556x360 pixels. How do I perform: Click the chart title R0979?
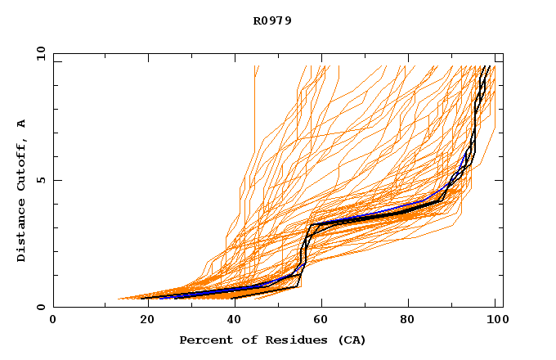(x=272, y=20)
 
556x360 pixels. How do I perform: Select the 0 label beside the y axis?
(x=41, y=307)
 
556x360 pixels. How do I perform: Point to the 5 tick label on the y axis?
(x=41, y=180)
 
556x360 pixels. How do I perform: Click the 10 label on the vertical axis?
(x=38, y=53)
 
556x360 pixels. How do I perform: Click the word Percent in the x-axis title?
(x=204, y=340)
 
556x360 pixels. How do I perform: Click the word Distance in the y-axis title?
(x=22, y=232)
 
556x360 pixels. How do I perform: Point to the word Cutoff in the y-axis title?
(x=22, y=166)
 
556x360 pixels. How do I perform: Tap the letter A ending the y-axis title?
(x=22, y=124)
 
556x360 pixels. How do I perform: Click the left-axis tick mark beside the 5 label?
(x=56, y=180)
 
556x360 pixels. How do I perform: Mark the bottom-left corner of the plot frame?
(x=53, y=307)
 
